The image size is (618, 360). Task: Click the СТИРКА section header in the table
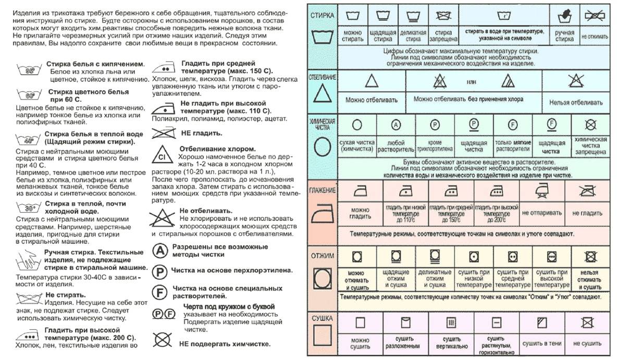point(322,15)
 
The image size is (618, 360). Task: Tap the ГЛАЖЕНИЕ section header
point(322,190)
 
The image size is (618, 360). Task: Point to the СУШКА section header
point(322,317)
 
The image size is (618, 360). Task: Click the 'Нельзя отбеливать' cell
point(576,102)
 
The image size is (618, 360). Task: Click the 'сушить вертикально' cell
point(452,344)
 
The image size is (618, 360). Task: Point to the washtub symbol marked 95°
point(29,70)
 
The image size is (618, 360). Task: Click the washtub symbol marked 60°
point(29,95)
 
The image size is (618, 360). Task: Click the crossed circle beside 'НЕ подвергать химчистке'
point(162,340)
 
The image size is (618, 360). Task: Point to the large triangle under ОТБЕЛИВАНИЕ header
point(322,94)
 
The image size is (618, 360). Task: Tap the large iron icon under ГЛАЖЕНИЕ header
point(322,214)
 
